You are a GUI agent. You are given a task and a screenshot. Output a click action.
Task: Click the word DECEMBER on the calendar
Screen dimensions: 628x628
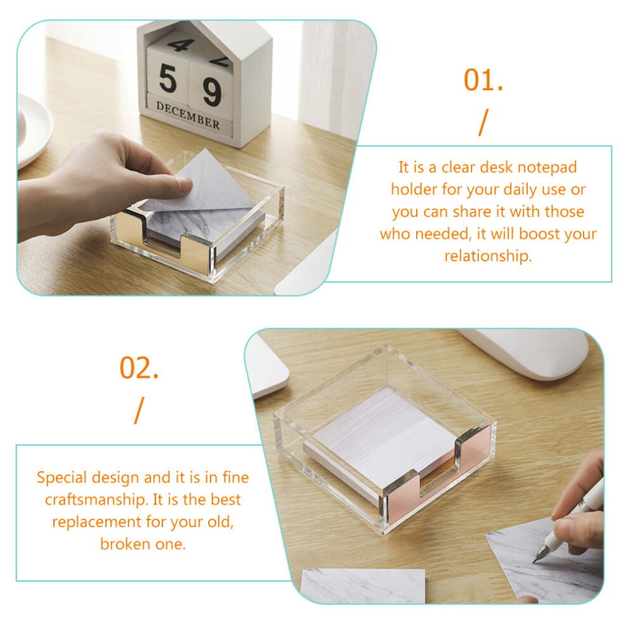[x=188, y=115]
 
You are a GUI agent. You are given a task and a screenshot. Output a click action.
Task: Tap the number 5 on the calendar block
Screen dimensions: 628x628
[x=168, y=79]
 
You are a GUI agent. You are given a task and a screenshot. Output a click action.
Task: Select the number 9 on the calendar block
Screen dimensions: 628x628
[x=212, y=92]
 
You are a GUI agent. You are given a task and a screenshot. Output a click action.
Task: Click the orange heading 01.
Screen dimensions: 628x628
[x=483, y=80]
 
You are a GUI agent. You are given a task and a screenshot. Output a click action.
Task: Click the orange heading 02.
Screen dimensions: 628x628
[x=139, y=368]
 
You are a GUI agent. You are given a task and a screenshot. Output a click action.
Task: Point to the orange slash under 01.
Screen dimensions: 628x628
[x=483, y=122]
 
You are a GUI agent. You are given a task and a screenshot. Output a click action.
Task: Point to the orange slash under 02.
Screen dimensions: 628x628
[x=138, y=410]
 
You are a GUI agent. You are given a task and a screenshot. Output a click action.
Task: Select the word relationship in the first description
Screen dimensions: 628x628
[x=488, y=256]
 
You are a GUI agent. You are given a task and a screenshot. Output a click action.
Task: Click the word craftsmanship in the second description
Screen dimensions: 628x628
[x=96, y=500]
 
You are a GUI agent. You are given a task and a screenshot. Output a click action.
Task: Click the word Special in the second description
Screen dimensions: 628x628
[x=62, y=478]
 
